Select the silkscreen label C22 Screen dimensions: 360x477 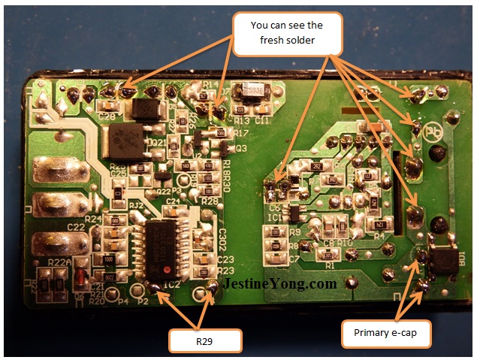76,227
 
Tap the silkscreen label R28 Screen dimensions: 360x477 210,201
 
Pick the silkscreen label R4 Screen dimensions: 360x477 379,235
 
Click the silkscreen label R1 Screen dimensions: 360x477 328,265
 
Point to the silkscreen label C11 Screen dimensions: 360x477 262,119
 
